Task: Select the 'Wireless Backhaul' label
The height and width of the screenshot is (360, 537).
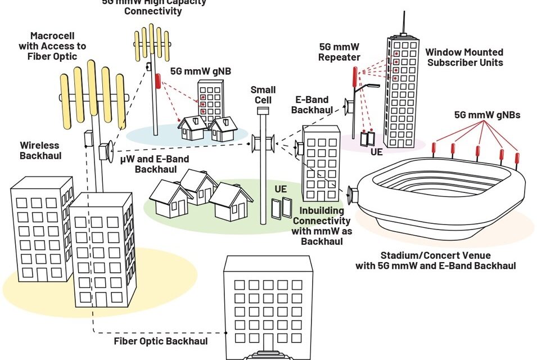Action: [x=40, y=150]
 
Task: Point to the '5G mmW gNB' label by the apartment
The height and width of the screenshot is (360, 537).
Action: [x=193, y=71]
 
